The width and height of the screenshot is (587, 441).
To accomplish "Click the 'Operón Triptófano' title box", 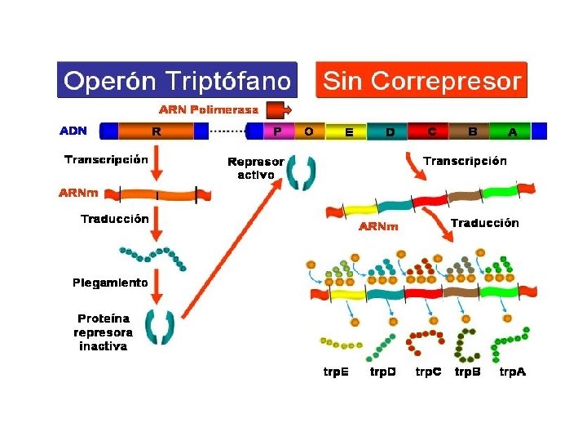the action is pyautogui.click(x=177, y=81).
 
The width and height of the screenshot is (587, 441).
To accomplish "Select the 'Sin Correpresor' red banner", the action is pyautogui.click(x=421, y=81).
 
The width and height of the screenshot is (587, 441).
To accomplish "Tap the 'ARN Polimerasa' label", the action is pyautogui.click(x=209, y=109).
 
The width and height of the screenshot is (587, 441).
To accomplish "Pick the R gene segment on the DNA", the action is pyautogui.click(x=157, y=131).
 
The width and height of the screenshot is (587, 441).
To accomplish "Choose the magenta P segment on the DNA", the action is pyautogui.click(x=278, y=131).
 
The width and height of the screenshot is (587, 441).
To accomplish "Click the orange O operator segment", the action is pyautogui.click(x=308, y=131).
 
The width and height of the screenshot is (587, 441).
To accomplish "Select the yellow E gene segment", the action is pyautogui.click(x=349, y=131).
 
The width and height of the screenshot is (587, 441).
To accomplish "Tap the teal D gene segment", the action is pyautogui.click(x=391, y=131).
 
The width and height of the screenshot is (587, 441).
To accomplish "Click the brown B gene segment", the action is pyautogui.click(x=472, y=131).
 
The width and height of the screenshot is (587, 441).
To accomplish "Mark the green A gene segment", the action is pyautogui.click(x=512, y=131).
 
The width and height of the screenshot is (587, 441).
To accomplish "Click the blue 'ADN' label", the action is pyautogui.click(x=73, y=131).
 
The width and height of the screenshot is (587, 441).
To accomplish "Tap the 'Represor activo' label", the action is pyautogui.click(x=255, y=168).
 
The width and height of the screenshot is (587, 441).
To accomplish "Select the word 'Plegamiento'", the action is pyautogui.click(x=110, y=283).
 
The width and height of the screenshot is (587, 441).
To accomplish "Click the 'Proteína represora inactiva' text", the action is pyautogui.click(x=104, y=332).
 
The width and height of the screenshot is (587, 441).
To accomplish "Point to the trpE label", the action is pyautogui.click(x=337, y=372).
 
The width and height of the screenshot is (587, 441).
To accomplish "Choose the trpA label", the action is pyautogui.click(x=512, y=372).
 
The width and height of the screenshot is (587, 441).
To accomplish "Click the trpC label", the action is pyautogui.click(x=429, y=372).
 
